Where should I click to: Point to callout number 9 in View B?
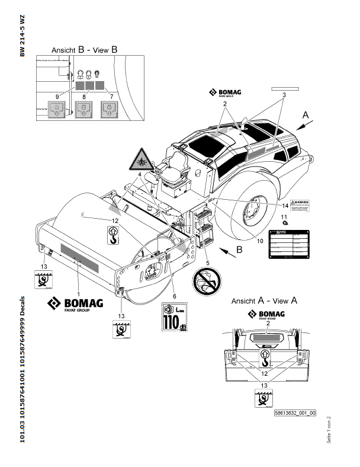[x=57, y=95]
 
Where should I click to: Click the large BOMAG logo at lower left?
[x=75, y=303]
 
